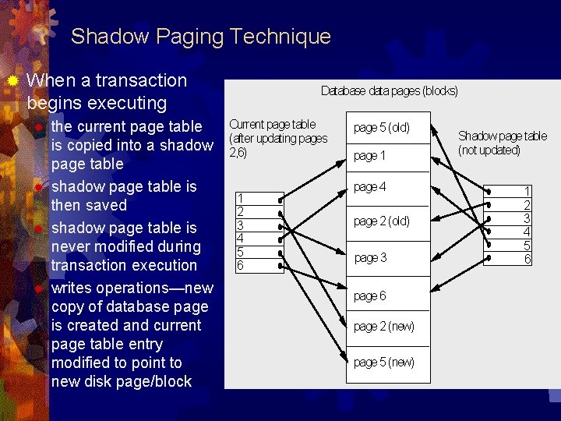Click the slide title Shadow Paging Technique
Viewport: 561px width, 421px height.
click(200, 37)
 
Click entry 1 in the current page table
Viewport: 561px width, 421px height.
click(241, 198)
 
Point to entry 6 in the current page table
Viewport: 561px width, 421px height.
click(241, 266)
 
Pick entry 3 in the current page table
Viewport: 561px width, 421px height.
click(241, 225)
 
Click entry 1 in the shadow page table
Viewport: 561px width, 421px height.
click(527, 191)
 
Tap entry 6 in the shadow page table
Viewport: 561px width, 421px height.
click(527, 259)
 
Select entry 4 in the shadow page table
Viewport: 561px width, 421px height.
click(527, 232)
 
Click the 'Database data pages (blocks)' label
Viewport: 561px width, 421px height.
click(390, 91)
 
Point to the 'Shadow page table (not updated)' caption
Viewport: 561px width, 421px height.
click(502, 143)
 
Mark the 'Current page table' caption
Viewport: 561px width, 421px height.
click(273, 124)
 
